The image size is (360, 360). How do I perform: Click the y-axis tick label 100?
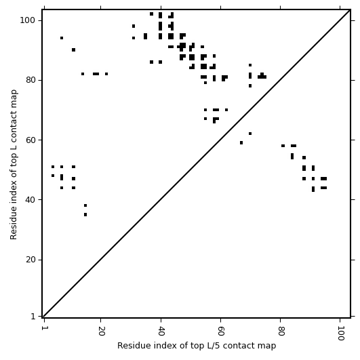[27, 20]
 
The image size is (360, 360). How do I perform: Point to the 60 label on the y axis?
[31, 140]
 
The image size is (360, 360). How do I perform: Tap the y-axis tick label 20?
[31, 260]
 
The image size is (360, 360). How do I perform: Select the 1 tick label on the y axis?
[33, 317]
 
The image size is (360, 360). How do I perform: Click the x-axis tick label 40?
[161, 331]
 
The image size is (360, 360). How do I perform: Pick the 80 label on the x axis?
[281, 331]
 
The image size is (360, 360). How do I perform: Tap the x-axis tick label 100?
[340, 333]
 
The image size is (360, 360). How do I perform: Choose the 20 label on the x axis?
[101, 331]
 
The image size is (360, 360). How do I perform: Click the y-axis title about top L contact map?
[14, 164]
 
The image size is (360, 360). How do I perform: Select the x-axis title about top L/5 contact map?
[197, 346]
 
